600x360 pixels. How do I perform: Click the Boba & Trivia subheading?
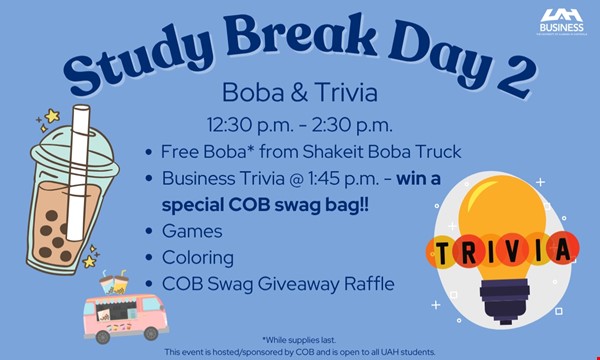[x=299, y=94]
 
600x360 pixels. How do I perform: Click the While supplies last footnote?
[x=299, y=339]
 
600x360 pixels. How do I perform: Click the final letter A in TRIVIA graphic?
[x=565, y=246]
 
